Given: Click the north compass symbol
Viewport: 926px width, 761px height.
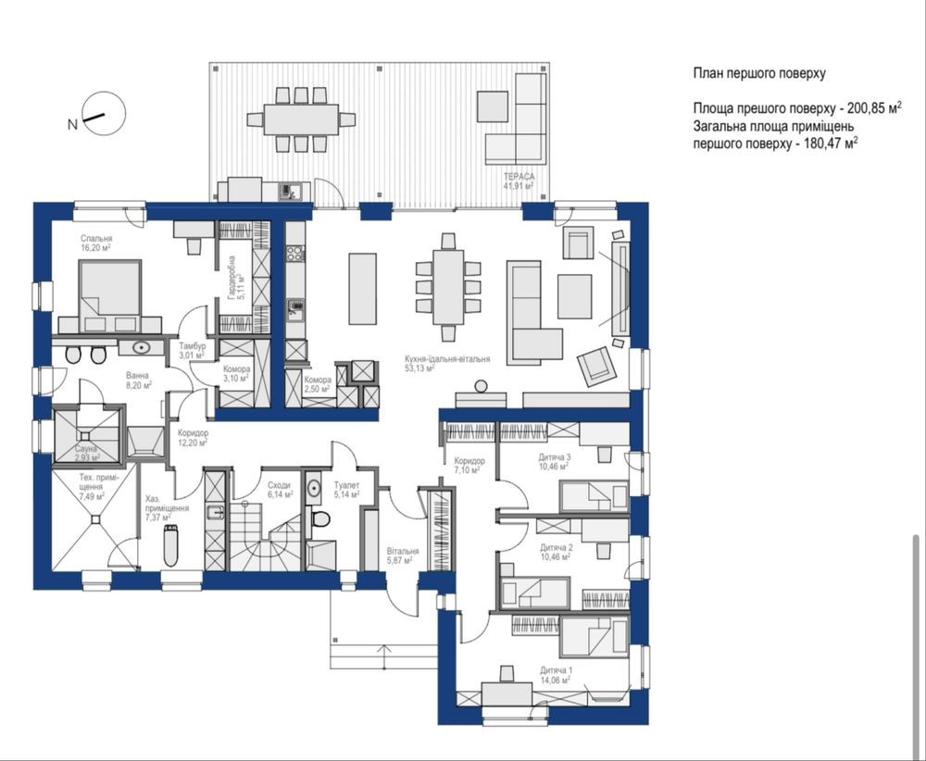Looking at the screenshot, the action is click(104, 112).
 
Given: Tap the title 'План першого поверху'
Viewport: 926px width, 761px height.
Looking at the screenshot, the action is click(759, 74).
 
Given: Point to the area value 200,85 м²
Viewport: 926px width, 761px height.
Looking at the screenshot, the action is click(874, 108).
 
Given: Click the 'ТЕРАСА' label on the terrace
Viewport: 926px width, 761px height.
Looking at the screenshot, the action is click(519, 177).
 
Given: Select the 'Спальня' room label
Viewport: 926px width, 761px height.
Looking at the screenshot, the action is click(96, 239).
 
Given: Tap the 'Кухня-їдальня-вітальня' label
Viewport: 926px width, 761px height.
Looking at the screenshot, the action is click(447, 359).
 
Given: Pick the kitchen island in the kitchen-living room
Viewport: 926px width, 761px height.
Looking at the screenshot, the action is click(363, 289).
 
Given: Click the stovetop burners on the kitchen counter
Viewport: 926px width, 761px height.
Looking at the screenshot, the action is click(294, 254).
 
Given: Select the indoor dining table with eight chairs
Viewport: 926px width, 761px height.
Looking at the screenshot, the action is click(447, 287).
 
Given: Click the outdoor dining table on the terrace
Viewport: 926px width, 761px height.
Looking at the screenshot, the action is click(301, 119).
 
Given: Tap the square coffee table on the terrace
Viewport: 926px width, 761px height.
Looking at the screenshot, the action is click(493, 106).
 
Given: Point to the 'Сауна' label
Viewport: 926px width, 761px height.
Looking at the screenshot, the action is click(86, 449).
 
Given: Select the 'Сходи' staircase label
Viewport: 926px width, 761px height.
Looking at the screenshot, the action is click(279, 485).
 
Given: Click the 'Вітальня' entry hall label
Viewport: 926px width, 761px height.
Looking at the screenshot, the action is click(403, 551).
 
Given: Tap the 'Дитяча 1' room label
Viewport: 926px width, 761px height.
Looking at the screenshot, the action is click(556, 670).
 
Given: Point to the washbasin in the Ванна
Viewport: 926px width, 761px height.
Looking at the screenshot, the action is click(142, 347).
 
